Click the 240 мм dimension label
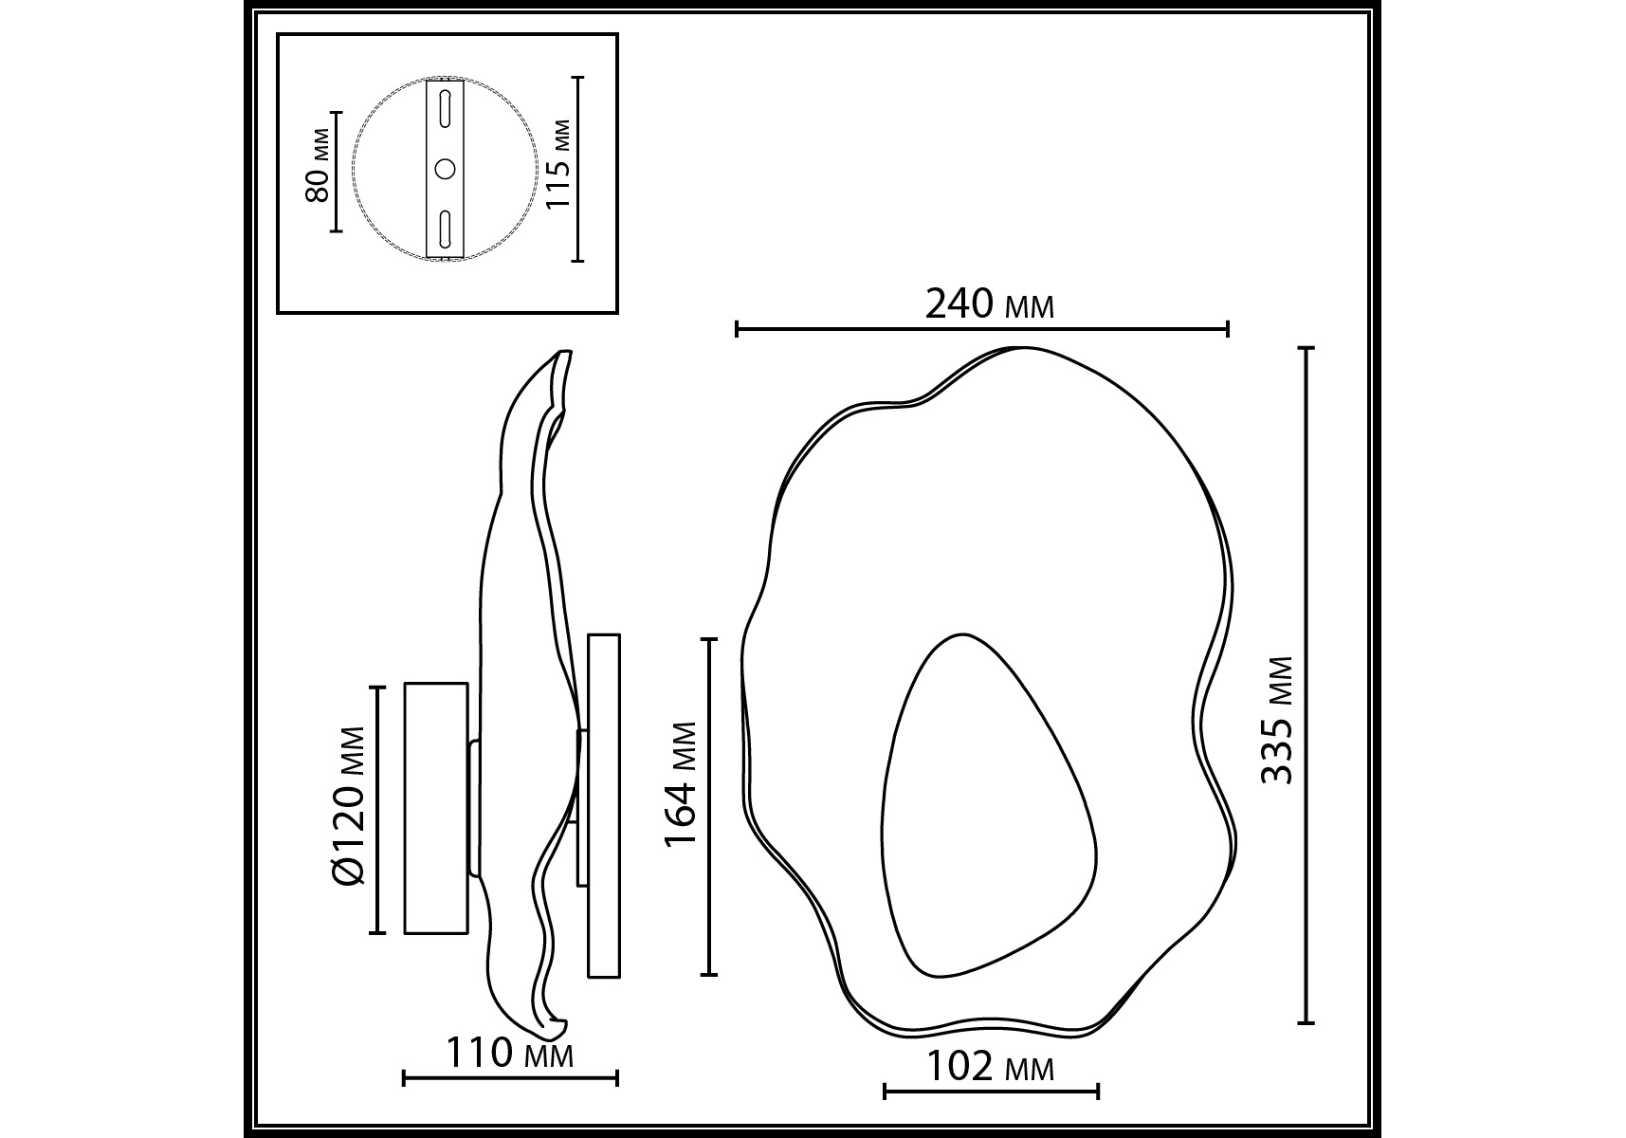tap(989, 304)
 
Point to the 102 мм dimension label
tap(989, 1068)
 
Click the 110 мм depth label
tap(509, 1054)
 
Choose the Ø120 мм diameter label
tap(350, 805)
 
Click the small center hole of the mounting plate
tap(444, 170)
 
